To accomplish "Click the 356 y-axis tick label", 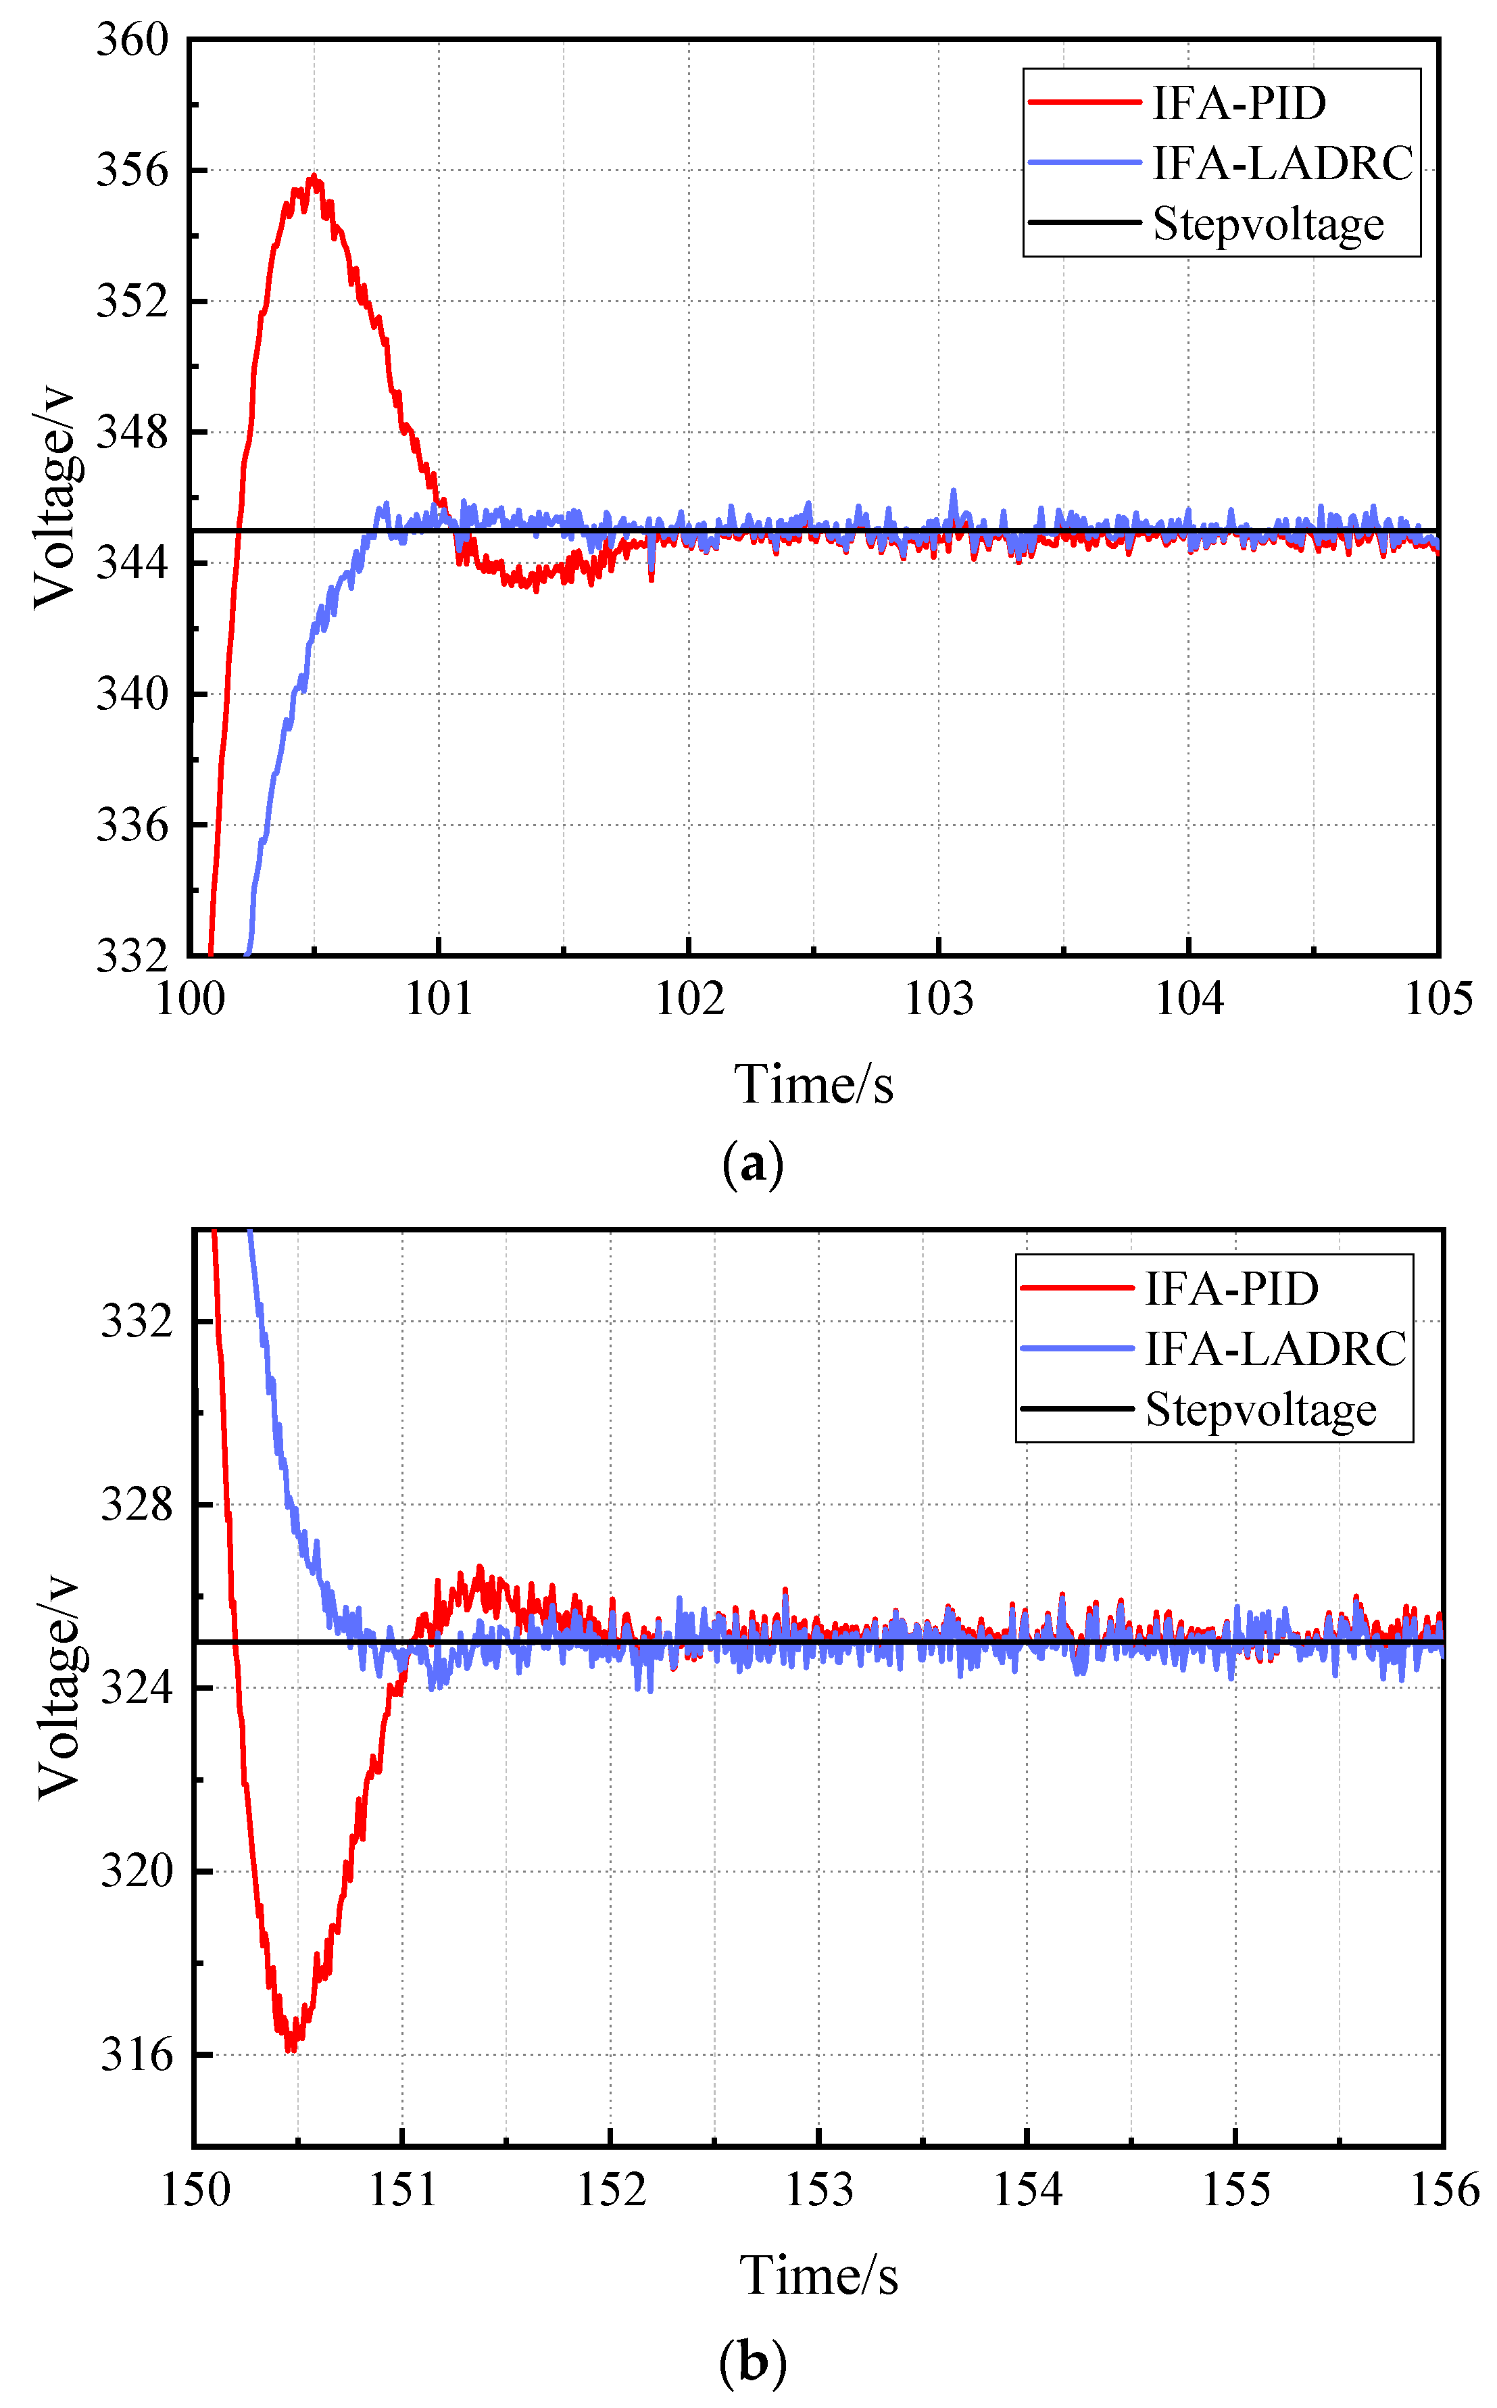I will click(132, 170).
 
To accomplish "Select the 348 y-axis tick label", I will click(132, 432).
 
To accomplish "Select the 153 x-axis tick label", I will click(819, 2190).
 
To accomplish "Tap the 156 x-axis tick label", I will click(1444, 2190).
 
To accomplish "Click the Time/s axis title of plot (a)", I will click(813, 1084).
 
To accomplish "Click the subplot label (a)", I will click(752, 1163).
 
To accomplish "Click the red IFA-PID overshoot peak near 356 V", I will click(313, 178).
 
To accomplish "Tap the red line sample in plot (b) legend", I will click(1076, 1288).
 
